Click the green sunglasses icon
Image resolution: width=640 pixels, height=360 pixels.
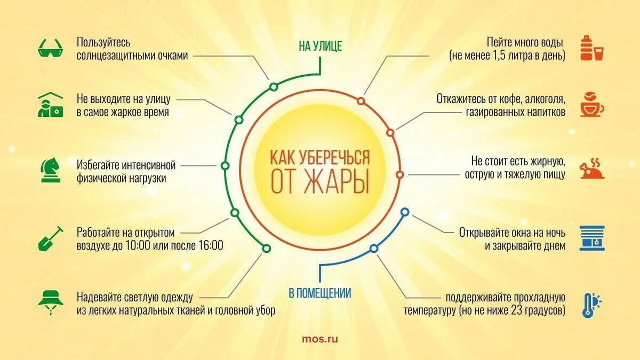51,47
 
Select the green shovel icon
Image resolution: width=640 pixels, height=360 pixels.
51,238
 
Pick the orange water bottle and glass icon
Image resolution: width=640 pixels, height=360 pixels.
591,47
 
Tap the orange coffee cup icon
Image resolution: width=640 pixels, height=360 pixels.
591,105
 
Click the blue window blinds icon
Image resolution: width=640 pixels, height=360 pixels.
591,238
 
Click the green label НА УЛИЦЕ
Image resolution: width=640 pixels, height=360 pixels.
320,47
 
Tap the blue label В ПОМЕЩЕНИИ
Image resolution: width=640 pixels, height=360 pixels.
319,293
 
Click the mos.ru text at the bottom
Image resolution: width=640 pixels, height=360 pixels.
319,338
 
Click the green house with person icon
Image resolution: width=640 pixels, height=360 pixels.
51,105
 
